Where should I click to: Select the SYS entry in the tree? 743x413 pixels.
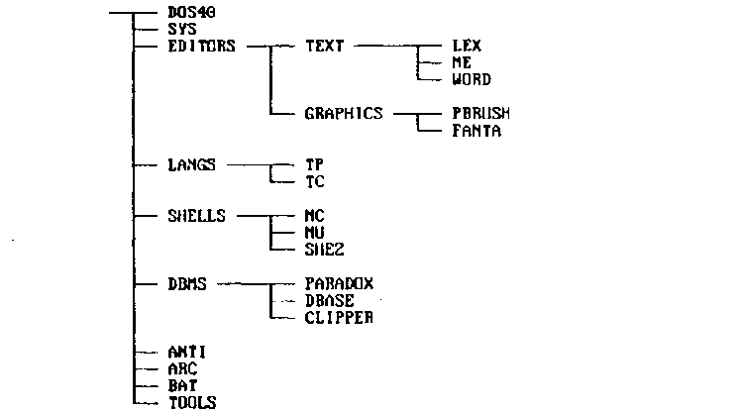click(x=183, y=30)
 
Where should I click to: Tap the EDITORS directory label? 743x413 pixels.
click(x=201, y=46)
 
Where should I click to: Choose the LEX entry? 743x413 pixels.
click(x=467, y=46)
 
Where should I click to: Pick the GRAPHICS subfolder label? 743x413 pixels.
click(x=344, y=114)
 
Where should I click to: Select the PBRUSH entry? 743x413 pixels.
click(x=480, y=114)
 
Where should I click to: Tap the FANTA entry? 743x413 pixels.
click(x=476, y=131)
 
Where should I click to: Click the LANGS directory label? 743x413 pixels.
click(x=191, y=164)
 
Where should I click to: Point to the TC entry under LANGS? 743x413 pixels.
click(x=314, y=182)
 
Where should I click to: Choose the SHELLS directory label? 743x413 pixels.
click(x=197, y=215)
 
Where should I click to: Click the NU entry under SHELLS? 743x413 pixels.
click(x=315, y=233)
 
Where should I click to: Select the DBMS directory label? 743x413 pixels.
click(x=187, y=283)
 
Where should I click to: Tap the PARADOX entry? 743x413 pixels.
click(x=339, y=283)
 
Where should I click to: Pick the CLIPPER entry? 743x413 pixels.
click(x=339, y=318)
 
